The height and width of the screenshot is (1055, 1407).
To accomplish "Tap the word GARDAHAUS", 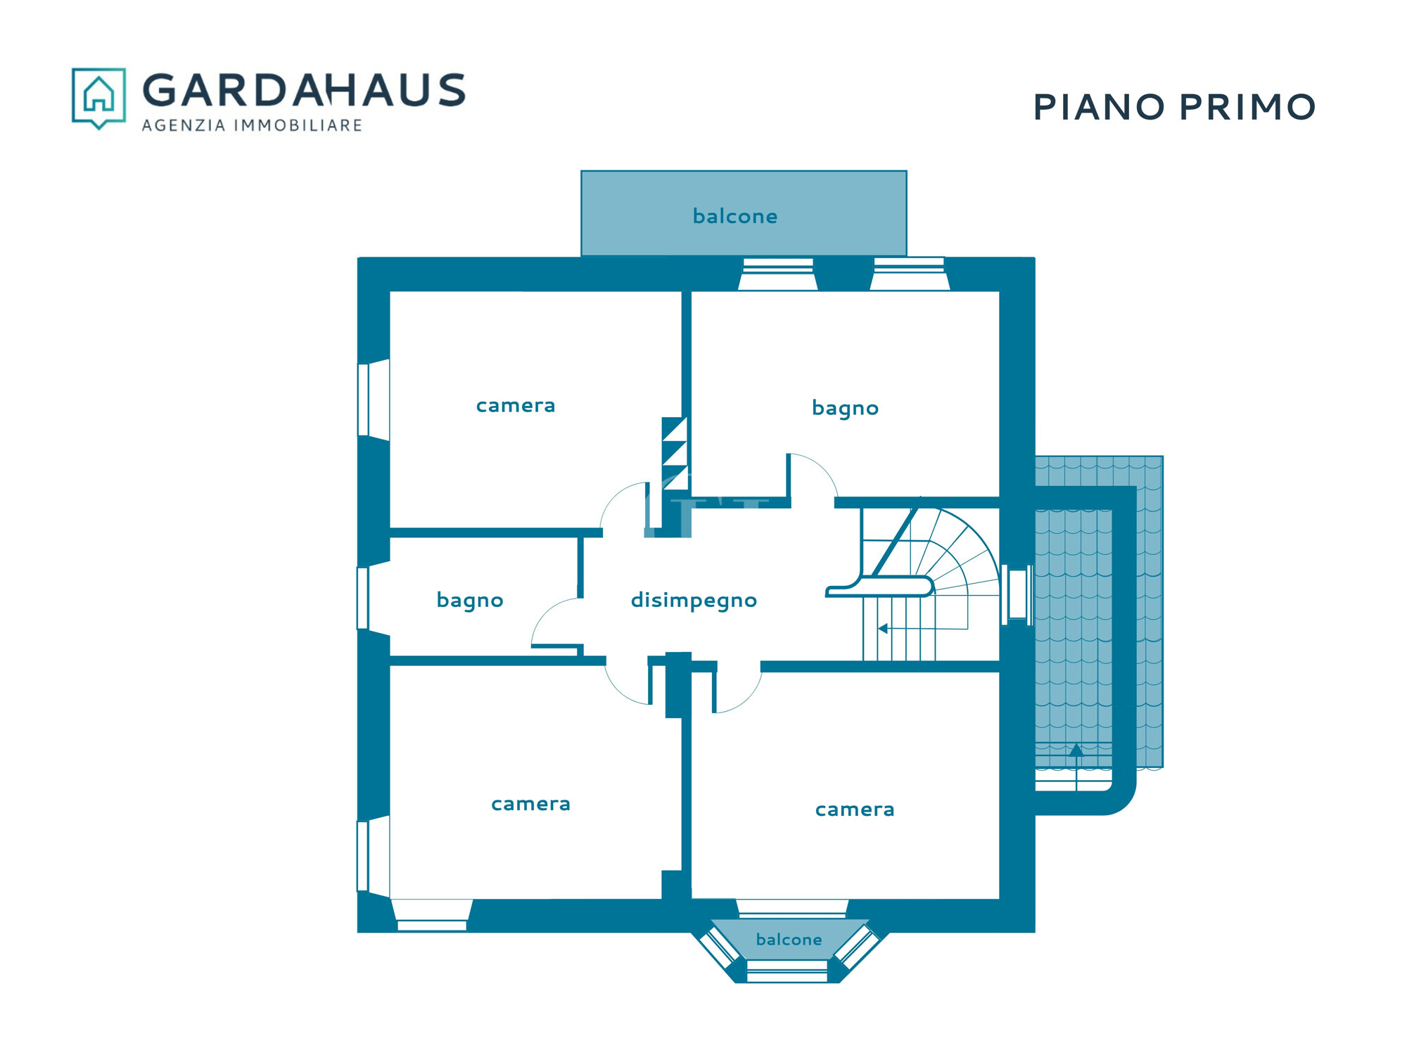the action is [x=304, y=90].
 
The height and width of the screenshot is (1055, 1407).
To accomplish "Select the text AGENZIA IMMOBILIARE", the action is [x=252, y=125].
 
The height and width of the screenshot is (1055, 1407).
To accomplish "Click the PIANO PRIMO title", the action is [x=1174, y=108].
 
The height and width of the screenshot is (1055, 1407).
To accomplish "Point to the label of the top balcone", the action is [x=735, y=216].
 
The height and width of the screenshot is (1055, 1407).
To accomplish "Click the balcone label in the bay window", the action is [x=789, y=940].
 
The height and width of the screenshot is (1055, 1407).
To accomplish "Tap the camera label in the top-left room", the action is [x=516, y=406].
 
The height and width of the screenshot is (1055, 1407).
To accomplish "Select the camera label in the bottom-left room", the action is [x=530, y=804].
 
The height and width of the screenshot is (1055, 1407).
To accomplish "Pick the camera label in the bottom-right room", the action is [x=855, y=810].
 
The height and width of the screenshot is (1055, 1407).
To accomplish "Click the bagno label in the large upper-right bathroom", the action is [x=845, y=409].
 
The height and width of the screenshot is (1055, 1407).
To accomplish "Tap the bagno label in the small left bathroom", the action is [x=470, y=601].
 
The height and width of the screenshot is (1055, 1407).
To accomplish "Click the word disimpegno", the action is [x=694, y=601].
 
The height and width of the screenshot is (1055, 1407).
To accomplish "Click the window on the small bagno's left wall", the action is [x=363, y=598].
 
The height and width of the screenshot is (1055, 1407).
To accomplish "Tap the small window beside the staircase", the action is [x=1017, y=595].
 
